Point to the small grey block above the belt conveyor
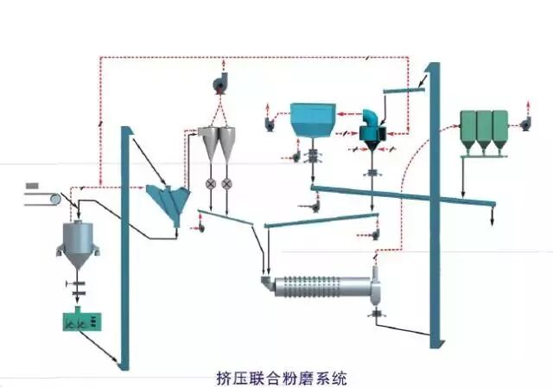32,186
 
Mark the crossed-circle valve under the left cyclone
208,184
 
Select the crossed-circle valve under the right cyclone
226,184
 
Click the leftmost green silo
467,128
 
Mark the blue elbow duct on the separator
372,118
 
